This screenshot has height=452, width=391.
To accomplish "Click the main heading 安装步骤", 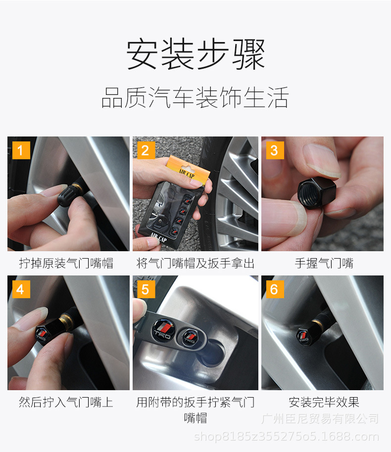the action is tap(195, 54).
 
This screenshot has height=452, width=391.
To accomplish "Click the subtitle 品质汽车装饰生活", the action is tap(195, 97).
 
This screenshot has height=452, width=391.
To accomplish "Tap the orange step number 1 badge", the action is tap(21, 150).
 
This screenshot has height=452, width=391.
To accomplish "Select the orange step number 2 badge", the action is tap(146, 150).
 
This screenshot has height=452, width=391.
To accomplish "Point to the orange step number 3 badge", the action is tap(275, 150).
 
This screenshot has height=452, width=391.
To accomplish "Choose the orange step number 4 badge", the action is tap(21, 289).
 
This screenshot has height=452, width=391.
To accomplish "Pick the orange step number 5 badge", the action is tap(146, 289).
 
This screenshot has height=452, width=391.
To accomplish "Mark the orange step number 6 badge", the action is tap(275, 289).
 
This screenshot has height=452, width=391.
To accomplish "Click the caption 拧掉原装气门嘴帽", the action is tap(66, 263).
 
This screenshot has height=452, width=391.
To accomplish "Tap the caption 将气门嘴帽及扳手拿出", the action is tap(195, 263).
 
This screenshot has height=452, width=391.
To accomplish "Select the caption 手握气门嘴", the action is tap(324, 263).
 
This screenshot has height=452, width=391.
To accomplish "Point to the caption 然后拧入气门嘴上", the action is tap(66, 402).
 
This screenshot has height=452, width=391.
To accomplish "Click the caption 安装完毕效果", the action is tap(324, 402).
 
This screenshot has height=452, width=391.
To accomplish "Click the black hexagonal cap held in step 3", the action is tap(317, 192).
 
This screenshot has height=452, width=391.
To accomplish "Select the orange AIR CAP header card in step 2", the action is tap(188, 170).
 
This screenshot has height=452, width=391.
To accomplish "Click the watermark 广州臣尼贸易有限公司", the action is tap(320, 418).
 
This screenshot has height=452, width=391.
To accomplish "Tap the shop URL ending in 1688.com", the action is tap(287, 437).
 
